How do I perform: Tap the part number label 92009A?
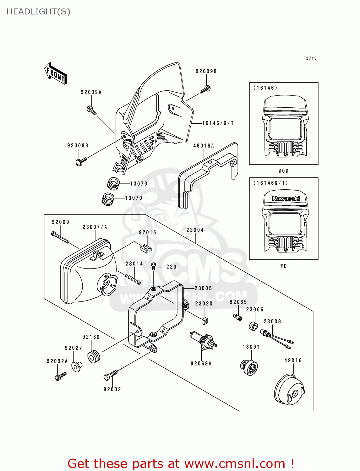pyautogui.click(x=91, y=92)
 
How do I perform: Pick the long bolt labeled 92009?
pyautogui.click(x=60, y=238)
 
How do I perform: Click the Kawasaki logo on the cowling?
pyautogui.click(x=286, y=198)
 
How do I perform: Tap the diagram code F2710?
pyautogui.click(x=310, y=58)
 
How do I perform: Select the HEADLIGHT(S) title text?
pyautogui.click(x=38, y=12)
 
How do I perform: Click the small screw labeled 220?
pyautogui.click(x=154, y=266)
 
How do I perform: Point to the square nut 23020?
pyautogui.click(x=205, y=321)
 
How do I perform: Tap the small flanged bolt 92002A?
pyautogui.click(x=60, y=376)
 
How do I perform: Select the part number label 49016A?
pyautogui.click(x=204, y=146)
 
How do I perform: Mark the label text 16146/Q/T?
pyautogui.click(x=218, y=123)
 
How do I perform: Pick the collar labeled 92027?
pyautogui.click(x=76, y=366)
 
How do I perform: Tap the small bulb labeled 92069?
pyautogui.click(x=238, y=317)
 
